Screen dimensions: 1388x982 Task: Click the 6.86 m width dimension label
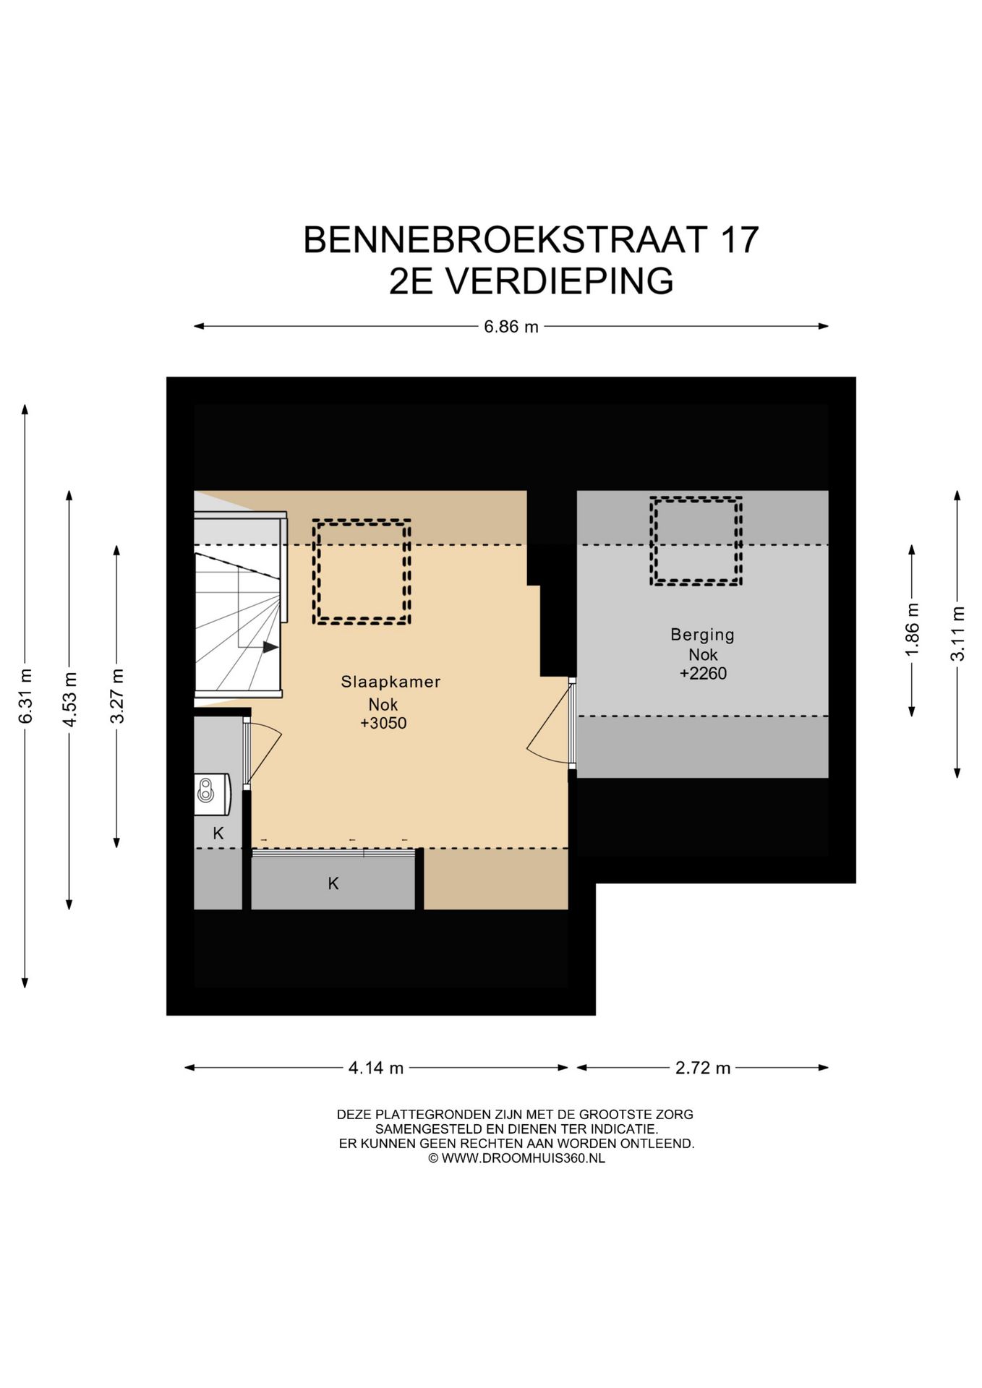[x=511, y=327]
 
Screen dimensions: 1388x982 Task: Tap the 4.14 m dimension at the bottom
[x=375, y=1068]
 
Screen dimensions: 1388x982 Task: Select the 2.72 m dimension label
[x=702, y=1068]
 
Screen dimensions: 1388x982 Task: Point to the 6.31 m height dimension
[x=26, y=695]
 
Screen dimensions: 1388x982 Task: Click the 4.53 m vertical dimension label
[x=69, y=700]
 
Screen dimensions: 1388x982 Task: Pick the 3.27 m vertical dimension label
[x=117, y=695]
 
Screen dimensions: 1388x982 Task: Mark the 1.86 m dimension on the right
[x=912, y=630]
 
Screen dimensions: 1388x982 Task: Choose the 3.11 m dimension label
[x=957, y=634]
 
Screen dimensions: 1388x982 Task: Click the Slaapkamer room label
[x=390, y=682]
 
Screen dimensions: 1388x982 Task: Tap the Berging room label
[x=702, y=635]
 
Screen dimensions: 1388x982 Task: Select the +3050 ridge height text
[x=383, y=723]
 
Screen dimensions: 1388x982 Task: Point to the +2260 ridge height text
[x=702, y=674]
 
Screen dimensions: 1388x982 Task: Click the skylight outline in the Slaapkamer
[x=362, y=571]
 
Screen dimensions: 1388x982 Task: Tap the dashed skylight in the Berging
[x=696, y=540]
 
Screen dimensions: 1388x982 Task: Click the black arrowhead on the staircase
[x=270, y=647]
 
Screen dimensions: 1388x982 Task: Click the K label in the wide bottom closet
[x=333, y=883]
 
